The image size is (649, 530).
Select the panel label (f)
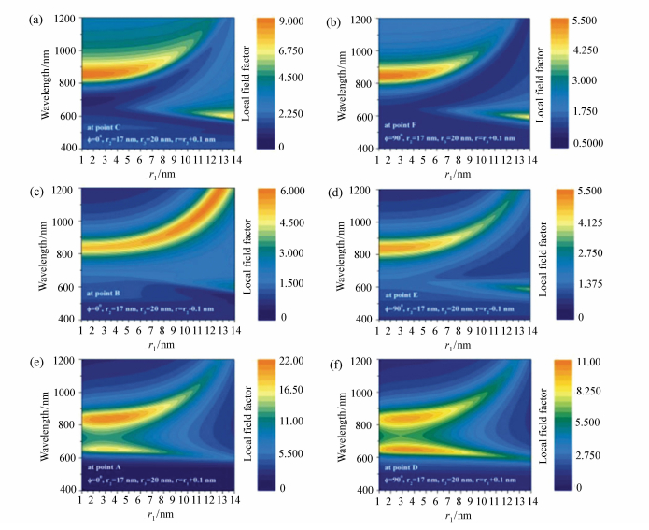pyautogui.click(x=337, y=361)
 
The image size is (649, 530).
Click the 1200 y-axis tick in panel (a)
pyautogui.click(x=65, y=19)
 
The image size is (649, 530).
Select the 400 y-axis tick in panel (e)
pyautogui.click(x=68, y=489)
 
